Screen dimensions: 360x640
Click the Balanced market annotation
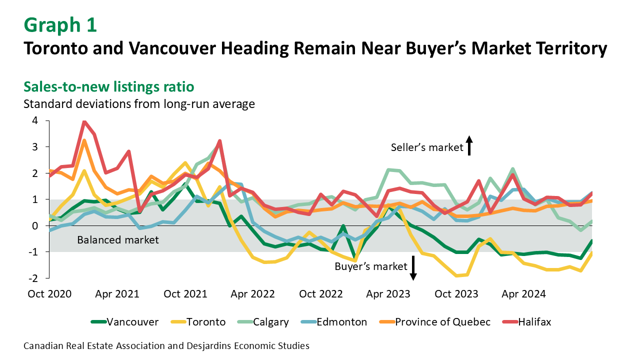(118, 240)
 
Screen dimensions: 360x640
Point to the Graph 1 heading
(60, 25)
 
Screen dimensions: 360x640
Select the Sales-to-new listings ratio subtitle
(108, 87)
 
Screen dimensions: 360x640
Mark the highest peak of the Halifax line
(84, 121)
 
